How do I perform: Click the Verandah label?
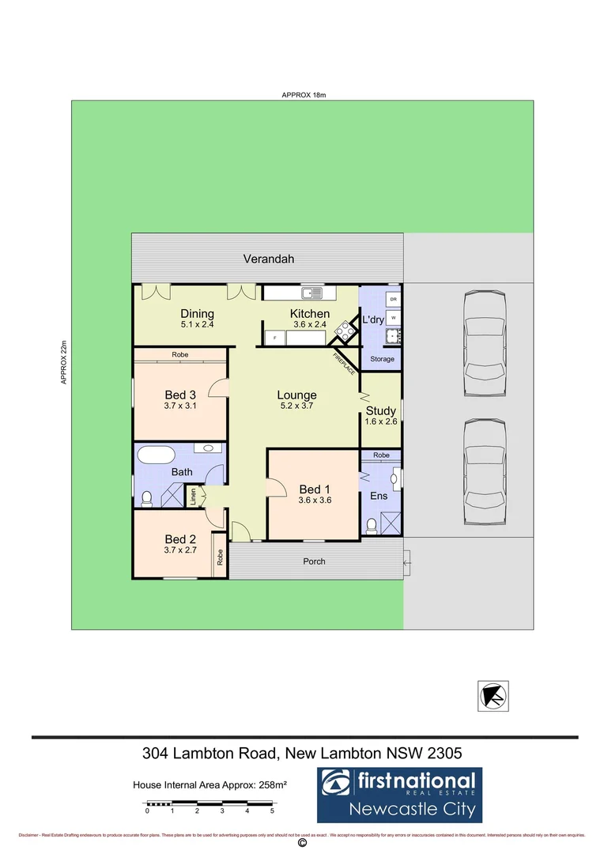(269, 259)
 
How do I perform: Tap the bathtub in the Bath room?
(155, 455)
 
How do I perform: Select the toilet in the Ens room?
(371, 524)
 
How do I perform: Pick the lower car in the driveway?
(484, 471)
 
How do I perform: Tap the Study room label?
(380, 411)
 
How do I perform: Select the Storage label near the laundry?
(382, 359)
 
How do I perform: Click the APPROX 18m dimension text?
(304, 95)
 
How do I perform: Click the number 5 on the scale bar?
(272, 811)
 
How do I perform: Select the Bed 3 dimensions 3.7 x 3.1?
(180, 406)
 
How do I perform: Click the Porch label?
(314, 561)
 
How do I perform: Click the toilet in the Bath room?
(146, 498)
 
